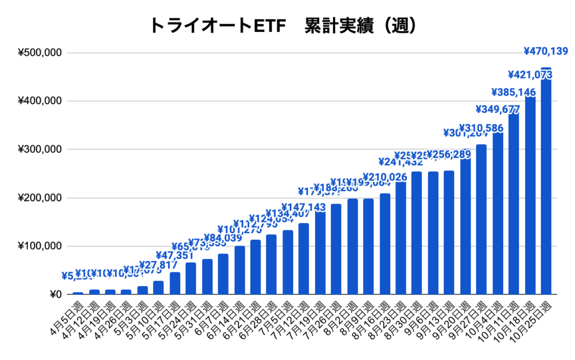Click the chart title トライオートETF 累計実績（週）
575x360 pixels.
point(283,26)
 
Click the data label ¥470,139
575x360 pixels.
point(546,51)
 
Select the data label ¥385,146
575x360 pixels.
point(514,92)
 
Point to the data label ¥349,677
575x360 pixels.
point(498,109)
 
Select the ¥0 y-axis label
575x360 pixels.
point(55,294)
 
